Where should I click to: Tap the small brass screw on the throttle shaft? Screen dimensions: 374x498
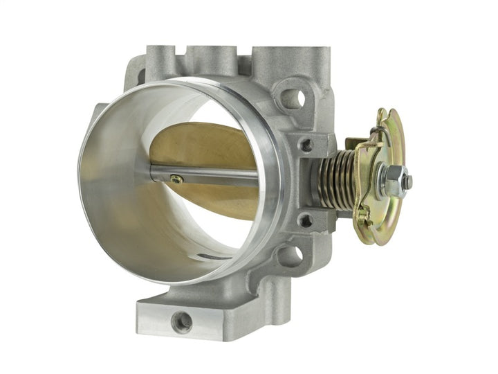coord(177,179)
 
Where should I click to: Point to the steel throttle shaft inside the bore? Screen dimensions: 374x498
coord(207,175)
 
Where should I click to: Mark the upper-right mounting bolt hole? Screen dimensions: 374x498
coord(291,98)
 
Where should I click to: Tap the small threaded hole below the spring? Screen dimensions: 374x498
coord(305,221)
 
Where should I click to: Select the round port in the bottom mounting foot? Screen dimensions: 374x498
coord(182,321)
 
